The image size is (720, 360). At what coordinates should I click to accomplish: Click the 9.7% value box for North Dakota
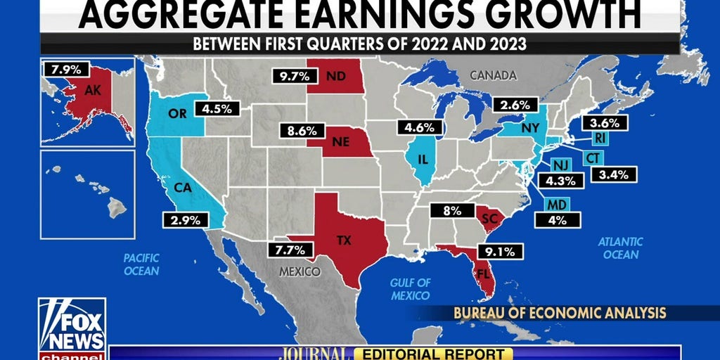(x=290, y=76)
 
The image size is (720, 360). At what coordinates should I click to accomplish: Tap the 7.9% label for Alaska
(x=67, y=70)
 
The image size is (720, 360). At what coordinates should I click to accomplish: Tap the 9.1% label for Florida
(x=499, y=250)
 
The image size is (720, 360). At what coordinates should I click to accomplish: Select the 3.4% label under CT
(x=613, y=174)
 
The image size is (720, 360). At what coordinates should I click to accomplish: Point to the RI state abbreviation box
(x=600, y=139)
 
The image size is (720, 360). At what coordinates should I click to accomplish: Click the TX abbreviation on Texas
(x=344, y=240)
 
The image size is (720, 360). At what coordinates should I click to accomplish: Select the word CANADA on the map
(x=493, y=75)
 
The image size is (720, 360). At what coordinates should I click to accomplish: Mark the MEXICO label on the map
(x=298, y=271)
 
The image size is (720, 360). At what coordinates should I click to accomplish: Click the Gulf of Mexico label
(x=411, y=288)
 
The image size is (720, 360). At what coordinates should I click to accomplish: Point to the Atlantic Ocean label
(x=620, y=248)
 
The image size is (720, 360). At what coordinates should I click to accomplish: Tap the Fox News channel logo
(x=72, y=327)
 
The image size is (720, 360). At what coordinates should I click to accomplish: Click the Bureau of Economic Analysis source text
(x=559, y=312)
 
